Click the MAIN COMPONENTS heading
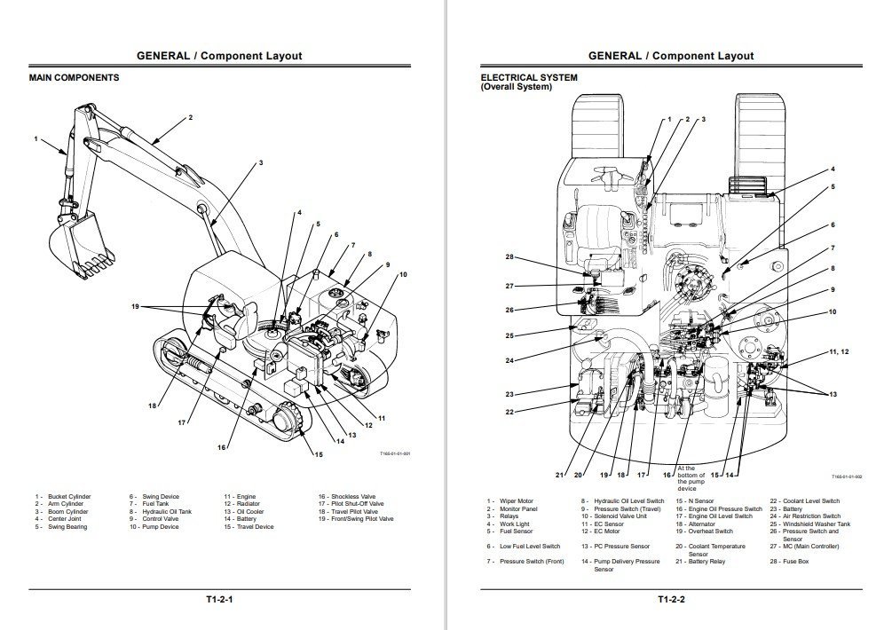point(74,78)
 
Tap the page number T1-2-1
point(219,600)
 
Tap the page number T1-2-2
point(670,600)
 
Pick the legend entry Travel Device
point(253,527)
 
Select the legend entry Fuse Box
point(792,562)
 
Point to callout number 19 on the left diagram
point(135,307)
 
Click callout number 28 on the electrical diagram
point(509,257)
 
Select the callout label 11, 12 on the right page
point(839,352)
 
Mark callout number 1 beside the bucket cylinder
point(36,139)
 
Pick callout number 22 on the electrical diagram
point(509,412)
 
